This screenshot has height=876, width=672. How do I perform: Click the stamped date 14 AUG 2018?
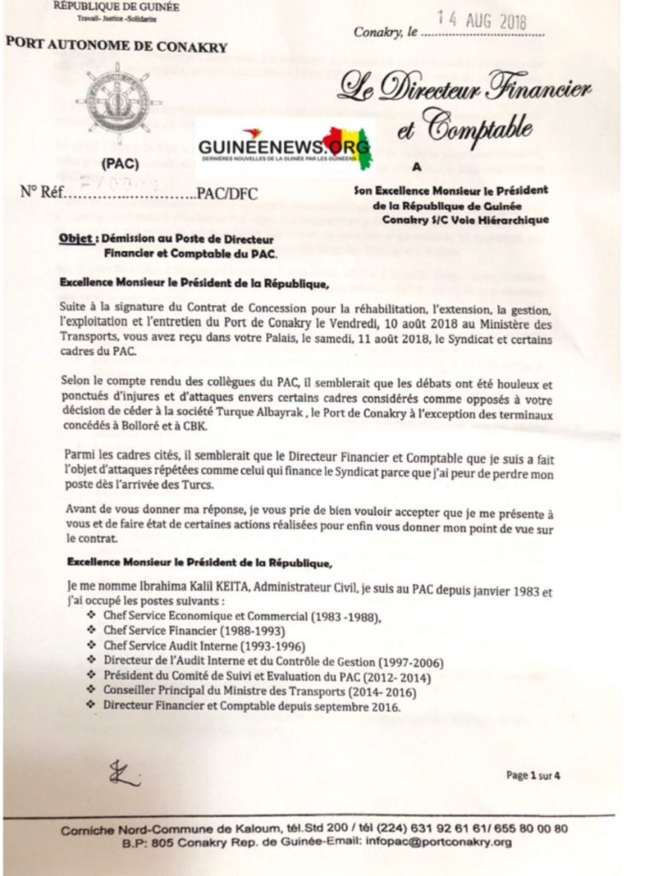[x=484, y=19]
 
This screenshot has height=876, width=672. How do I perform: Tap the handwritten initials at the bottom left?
[x=124, y=774]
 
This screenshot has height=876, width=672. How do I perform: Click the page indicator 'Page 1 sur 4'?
[x=539, y=776]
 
